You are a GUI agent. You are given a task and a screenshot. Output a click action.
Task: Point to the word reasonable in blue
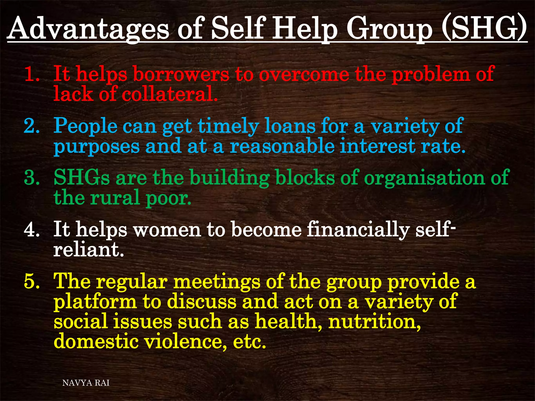(x=282, y=146)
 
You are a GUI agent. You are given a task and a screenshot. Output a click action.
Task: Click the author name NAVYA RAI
(x=86, y=383)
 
